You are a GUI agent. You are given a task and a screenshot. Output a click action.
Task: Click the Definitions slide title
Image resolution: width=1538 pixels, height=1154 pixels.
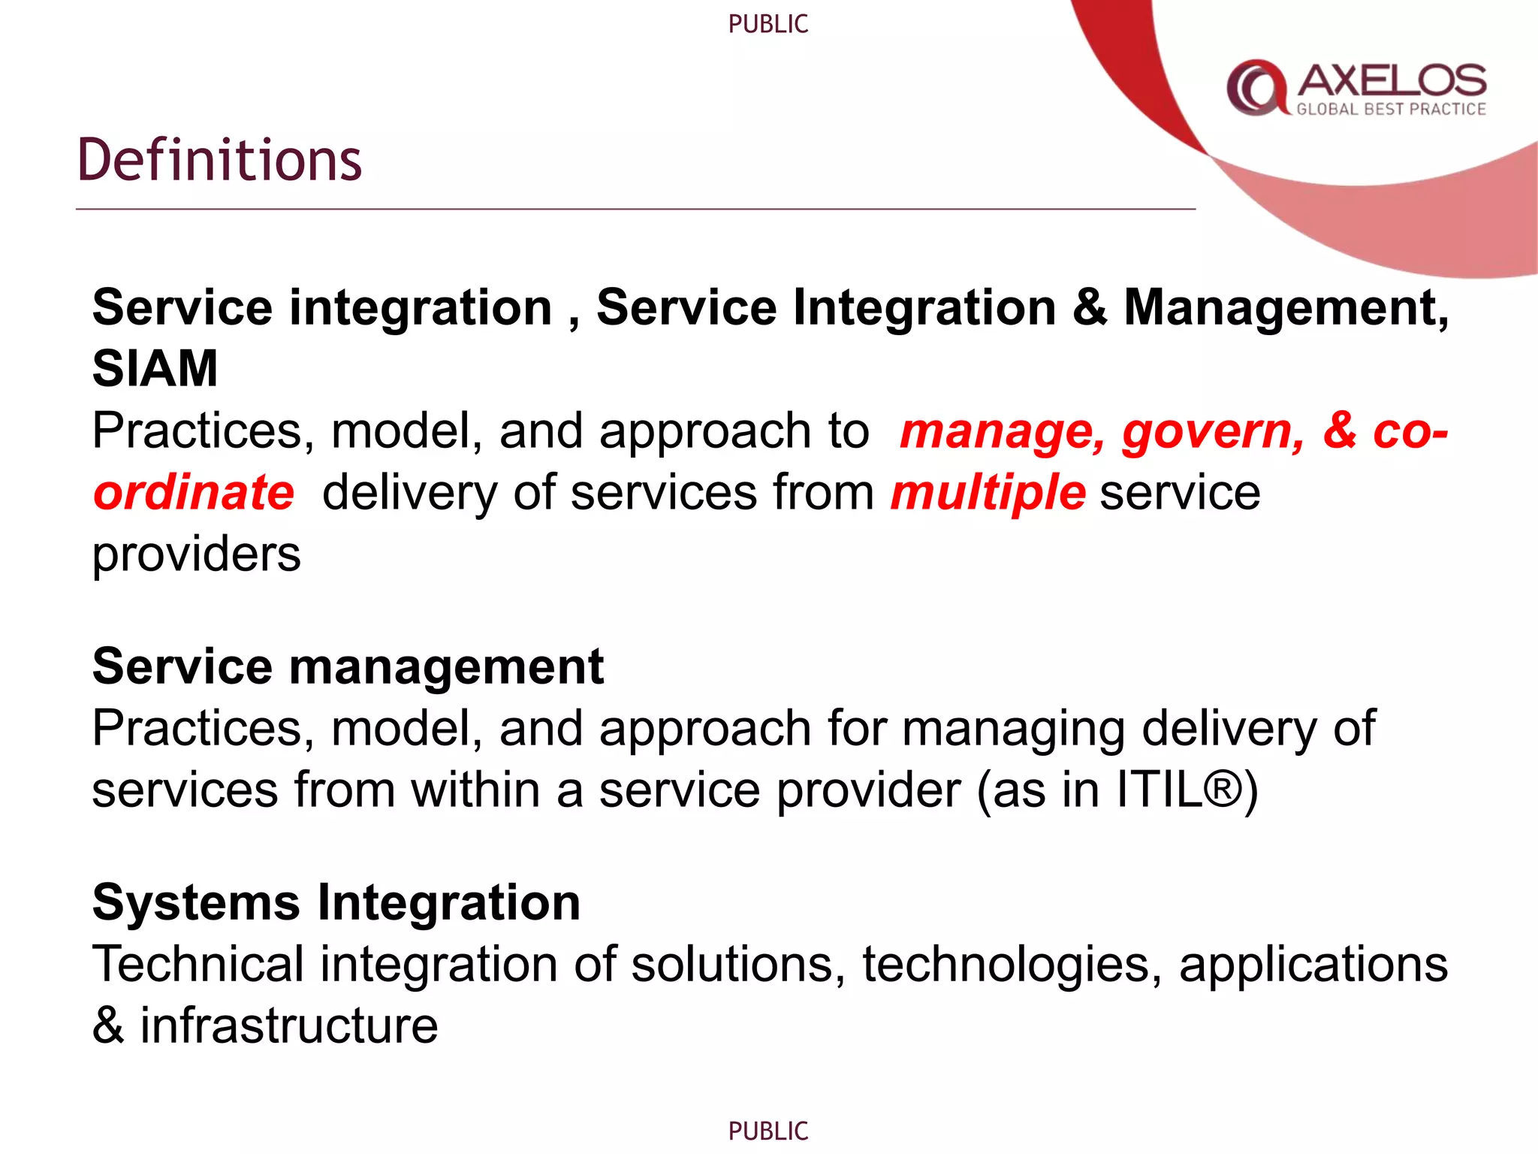tap(219, 160)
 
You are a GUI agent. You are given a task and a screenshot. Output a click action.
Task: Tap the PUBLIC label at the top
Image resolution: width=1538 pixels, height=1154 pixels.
tap(767, 24)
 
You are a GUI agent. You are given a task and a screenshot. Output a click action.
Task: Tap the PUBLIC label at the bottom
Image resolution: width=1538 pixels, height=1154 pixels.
tap(767, 1131)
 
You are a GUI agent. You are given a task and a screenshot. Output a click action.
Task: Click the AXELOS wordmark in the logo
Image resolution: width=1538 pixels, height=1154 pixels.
tap(1392, 80)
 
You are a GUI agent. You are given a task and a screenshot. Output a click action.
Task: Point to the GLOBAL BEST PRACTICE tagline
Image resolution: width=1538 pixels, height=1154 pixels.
tap(1391, 110)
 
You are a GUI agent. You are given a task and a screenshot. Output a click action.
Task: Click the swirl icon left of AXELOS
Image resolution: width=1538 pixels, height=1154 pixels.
tap(1256, 87)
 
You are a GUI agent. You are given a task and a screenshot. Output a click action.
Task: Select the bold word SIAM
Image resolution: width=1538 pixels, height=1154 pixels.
tap(155, 369)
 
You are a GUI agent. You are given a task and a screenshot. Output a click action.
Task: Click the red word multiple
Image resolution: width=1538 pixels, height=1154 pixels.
tap(988, 493)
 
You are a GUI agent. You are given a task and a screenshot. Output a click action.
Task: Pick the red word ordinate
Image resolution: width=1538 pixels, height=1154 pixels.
tap(194, 493)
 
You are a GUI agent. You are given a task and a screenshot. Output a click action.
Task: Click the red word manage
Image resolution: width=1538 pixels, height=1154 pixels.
tap(1002, 433)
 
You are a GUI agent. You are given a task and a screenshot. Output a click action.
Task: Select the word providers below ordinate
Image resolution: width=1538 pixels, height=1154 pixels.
tap(196, 554)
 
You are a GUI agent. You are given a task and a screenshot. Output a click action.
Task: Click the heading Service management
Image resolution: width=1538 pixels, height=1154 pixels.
tap(348, 666)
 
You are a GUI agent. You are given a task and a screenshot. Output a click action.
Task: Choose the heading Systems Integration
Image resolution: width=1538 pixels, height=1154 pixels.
tap(336, 902)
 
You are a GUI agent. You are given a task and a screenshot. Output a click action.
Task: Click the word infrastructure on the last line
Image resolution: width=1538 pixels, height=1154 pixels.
tap(289, 1026)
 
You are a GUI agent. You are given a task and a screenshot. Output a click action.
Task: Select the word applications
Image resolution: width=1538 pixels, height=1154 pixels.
tap(1313, 964)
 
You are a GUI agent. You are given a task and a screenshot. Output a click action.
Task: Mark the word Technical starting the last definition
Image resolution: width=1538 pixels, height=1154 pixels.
tap(198, 964)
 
